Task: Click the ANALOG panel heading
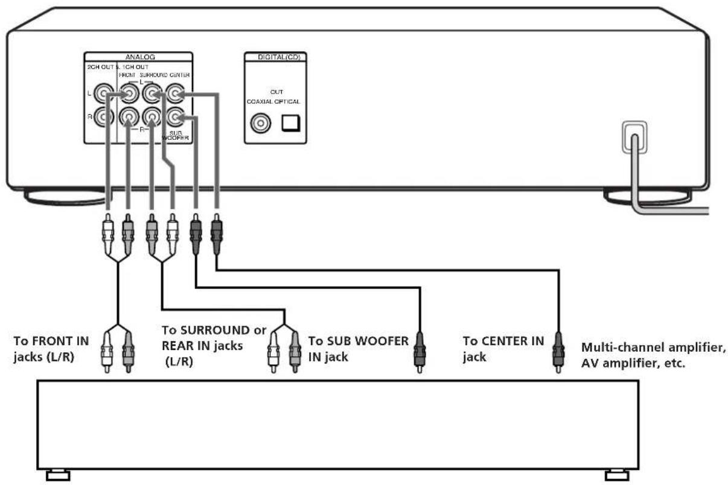[x=140, y=57]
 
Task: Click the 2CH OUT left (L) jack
[x=107, y=94]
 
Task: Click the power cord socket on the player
[x=633, y=137]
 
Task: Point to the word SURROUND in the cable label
[x=215, y=331]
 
